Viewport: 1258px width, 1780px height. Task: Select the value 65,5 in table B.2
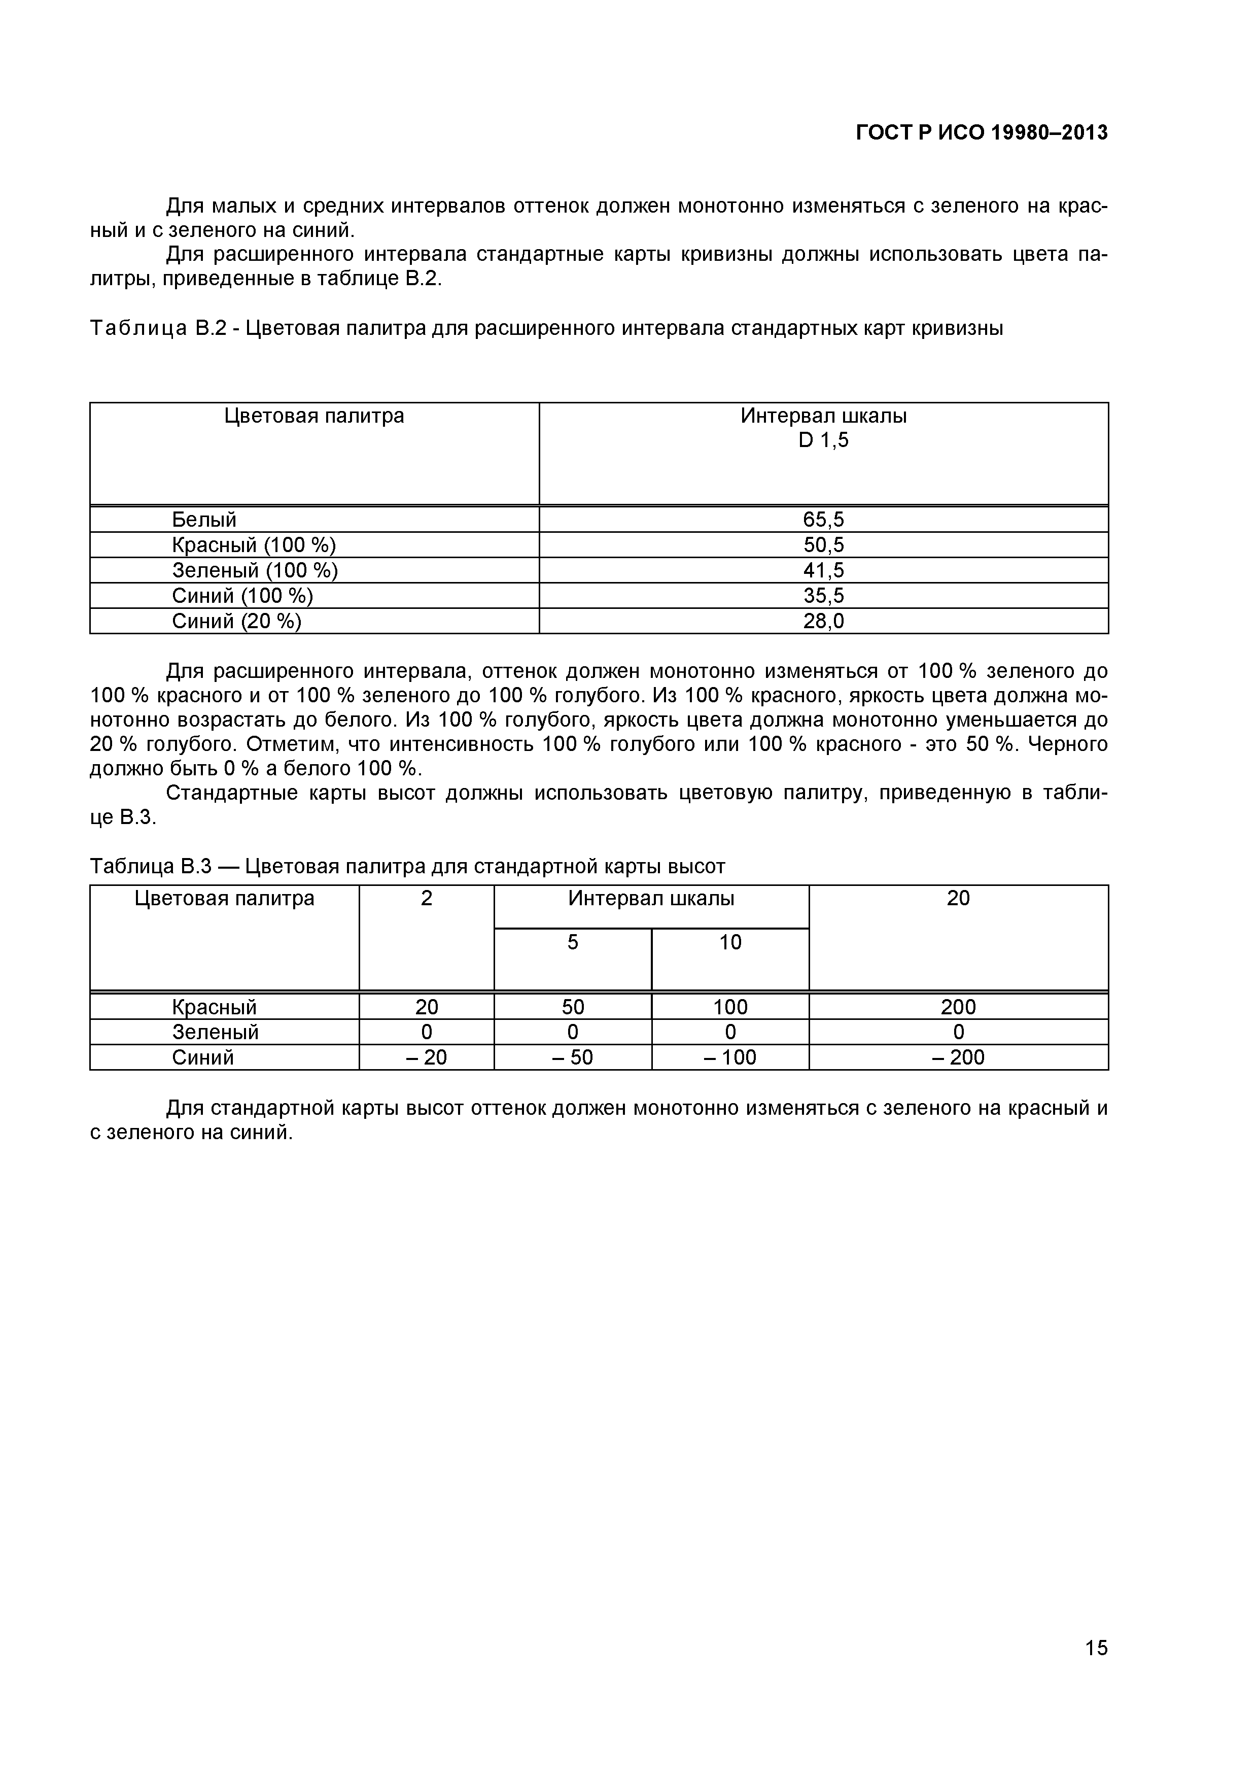(823, 520)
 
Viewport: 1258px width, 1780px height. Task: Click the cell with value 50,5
(823, 545)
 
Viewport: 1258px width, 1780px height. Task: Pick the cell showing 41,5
(823, 571)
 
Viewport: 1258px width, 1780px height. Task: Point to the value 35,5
(823, 595)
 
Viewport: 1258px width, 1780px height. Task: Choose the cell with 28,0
(823, 621)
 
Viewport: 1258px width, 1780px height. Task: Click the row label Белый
(204, 520)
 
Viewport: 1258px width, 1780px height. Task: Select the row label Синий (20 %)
(236, 621)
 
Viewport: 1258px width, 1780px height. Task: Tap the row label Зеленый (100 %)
(255, 571)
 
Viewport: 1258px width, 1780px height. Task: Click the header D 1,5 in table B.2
(823, 440)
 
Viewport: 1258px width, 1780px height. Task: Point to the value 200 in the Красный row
(958, 1007)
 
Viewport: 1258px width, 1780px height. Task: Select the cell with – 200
(958, 1057)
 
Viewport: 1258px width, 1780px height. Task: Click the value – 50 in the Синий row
(572, 1057)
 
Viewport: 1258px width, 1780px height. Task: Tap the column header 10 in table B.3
(730, 942)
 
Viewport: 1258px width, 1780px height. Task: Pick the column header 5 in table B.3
(572, 942)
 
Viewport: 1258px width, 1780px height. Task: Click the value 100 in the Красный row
(730, 1007)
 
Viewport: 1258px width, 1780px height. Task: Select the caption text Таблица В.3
(150, 866)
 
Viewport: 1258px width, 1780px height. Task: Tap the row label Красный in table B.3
(214, 1007)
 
